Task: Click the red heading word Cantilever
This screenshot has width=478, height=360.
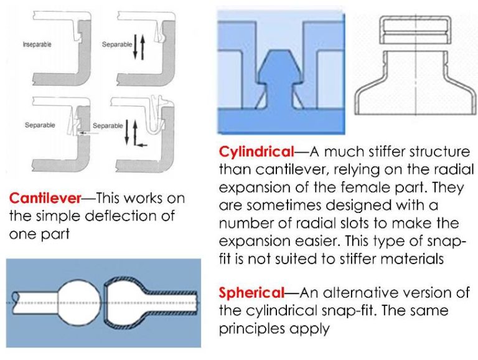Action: pyautogui.click(x=45, y=198)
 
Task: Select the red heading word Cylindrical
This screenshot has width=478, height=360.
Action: pyautogui.click(x=256, y=151)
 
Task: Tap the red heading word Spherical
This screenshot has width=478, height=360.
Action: pyautogui.click(x=251, y=293)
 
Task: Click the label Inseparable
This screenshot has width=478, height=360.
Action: pyautogui.click(x=37, y=45)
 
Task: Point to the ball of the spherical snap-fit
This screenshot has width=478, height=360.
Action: pyautogui.click(x=78, y=301)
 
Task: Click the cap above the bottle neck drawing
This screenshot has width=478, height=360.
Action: pyautogui.click(x=416, y=30)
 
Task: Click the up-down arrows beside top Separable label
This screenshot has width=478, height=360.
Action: pyautogui.click(x=139, y=47)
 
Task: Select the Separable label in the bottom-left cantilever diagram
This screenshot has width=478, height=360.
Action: pyautogui.click(x=40, y=125)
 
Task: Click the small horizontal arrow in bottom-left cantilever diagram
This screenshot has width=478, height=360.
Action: pyautogui.click(x=87, y=133)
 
